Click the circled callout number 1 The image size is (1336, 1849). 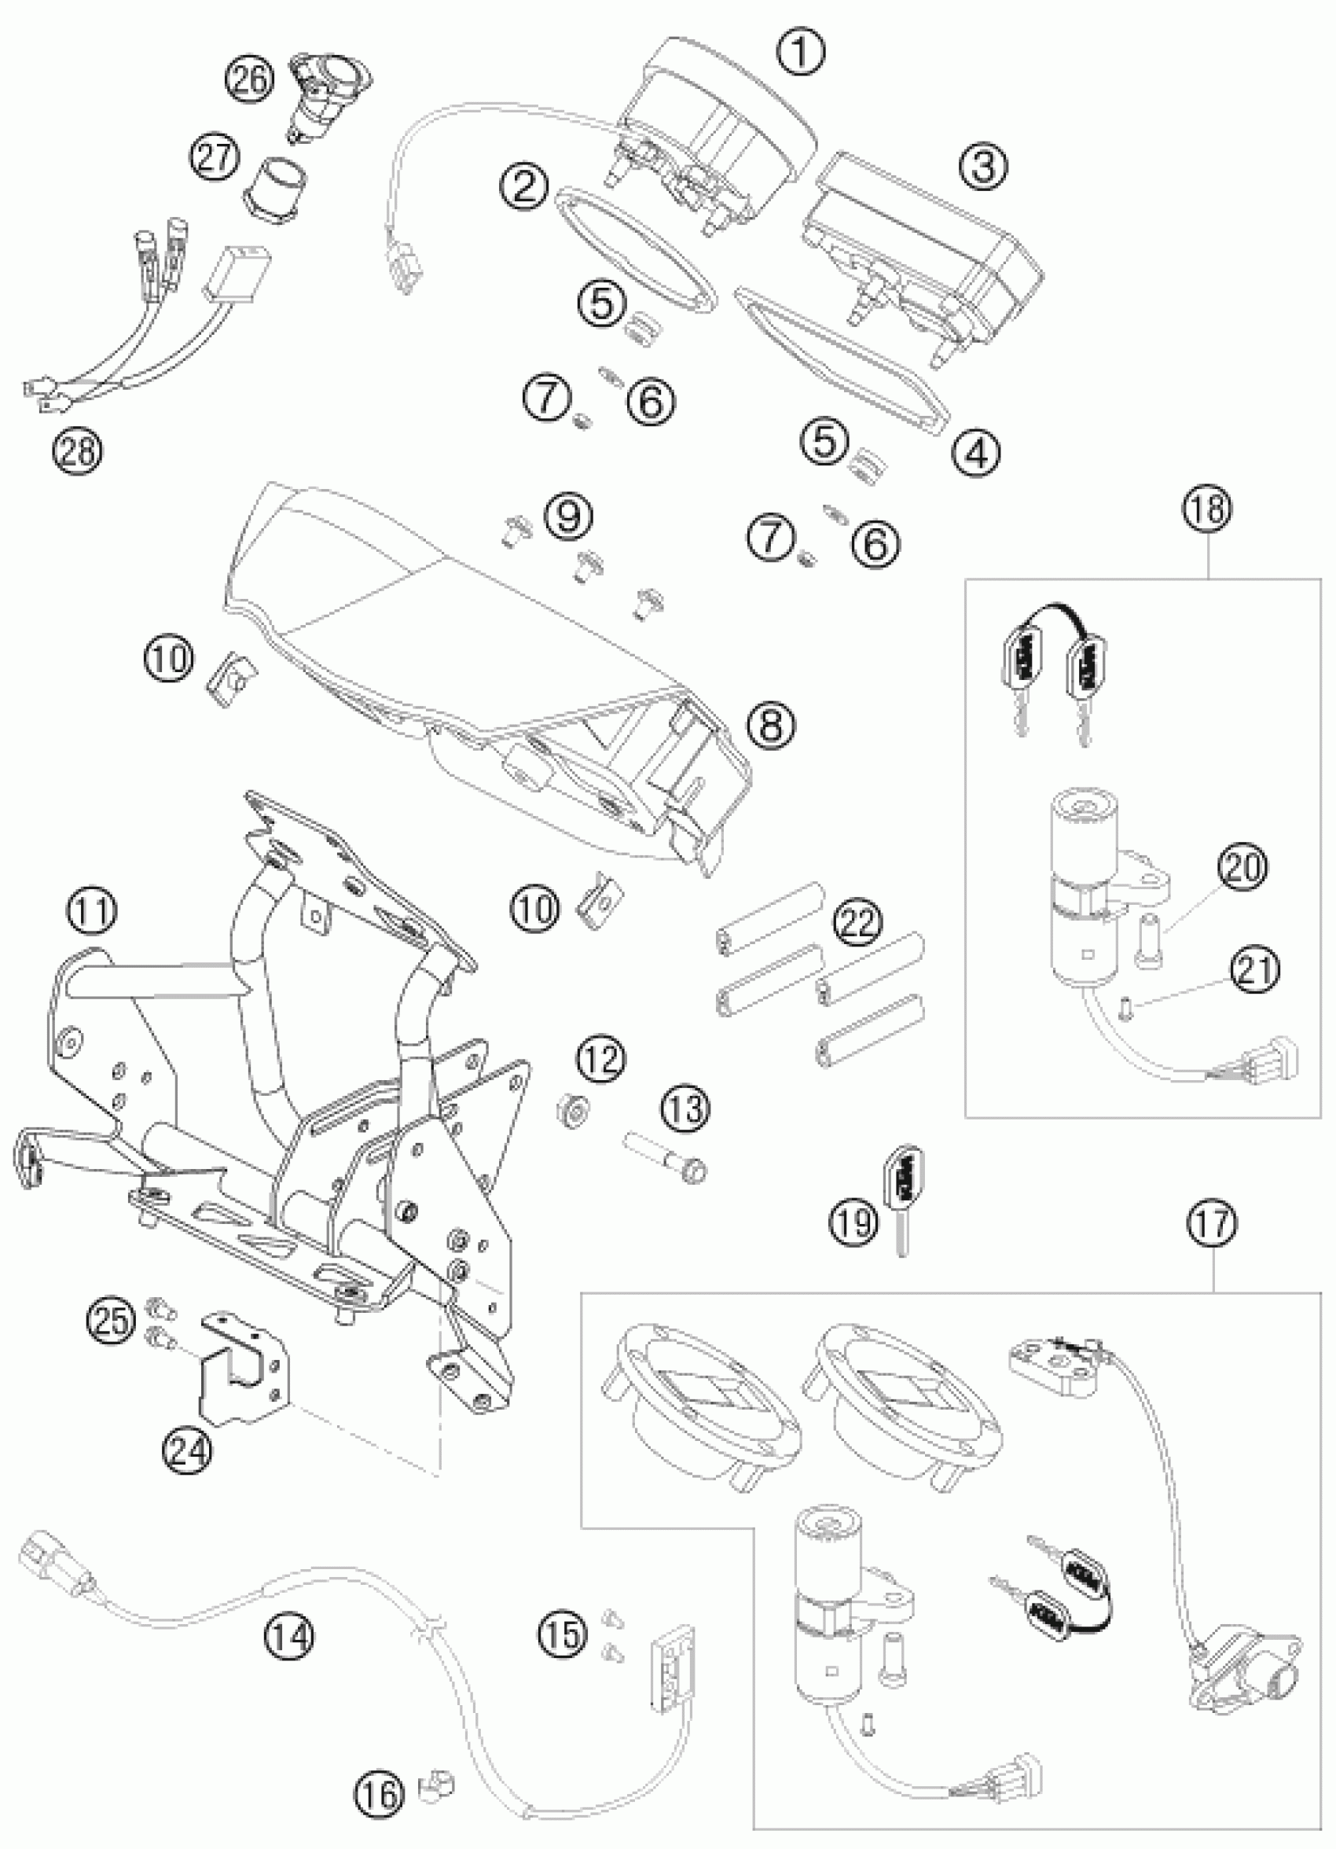(800, 52)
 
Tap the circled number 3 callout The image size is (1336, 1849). (983, 166)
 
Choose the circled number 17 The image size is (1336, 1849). (1212, 1247)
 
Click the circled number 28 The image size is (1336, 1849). (79, 449)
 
